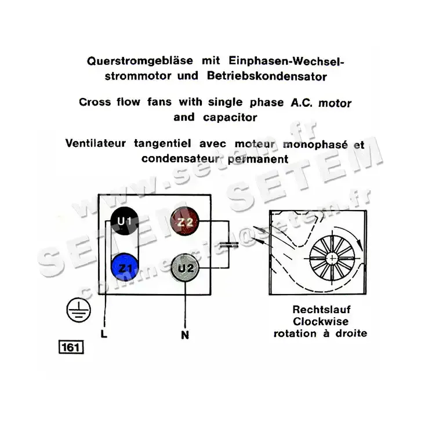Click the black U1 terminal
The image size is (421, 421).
tap(125, 222)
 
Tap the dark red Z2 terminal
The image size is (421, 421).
tap(185, 222)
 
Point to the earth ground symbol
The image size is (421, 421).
tap(74, 312)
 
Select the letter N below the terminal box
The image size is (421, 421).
tap(185, 335)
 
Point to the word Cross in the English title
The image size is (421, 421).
tap(93, 103)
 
